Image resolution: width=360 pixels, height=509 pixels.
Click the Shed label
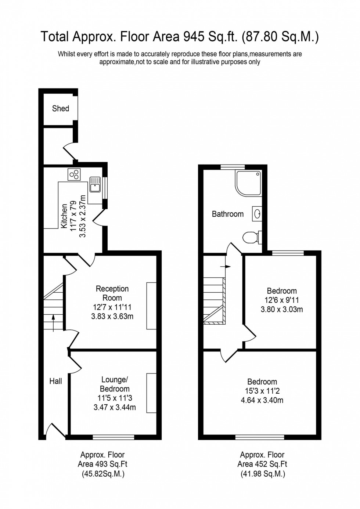coord(61,108)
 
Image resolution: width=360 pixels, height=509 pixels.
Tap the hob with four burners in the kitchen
coord(74,174)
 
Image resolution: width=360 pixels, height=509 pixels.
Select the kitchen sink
coord(95,184)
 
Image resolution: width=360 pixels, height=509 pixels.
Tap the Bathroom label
coord(227,214)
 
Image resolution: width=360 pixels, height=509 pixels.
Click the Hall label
coord(56,381)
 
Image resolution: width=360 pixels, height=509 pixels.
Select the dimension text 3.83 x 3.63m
coord(112,316)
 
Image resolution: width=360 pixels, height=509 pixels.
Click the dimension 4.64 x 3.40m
coord(262,400)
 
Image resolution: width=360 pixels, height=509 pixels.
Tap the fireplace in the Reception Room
coord(151,306)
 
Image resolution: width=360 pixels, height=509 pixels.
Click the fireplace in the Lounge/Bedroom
coord(151,393)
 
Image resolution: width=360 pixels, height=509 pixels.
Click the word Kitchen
coord(64,216)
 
